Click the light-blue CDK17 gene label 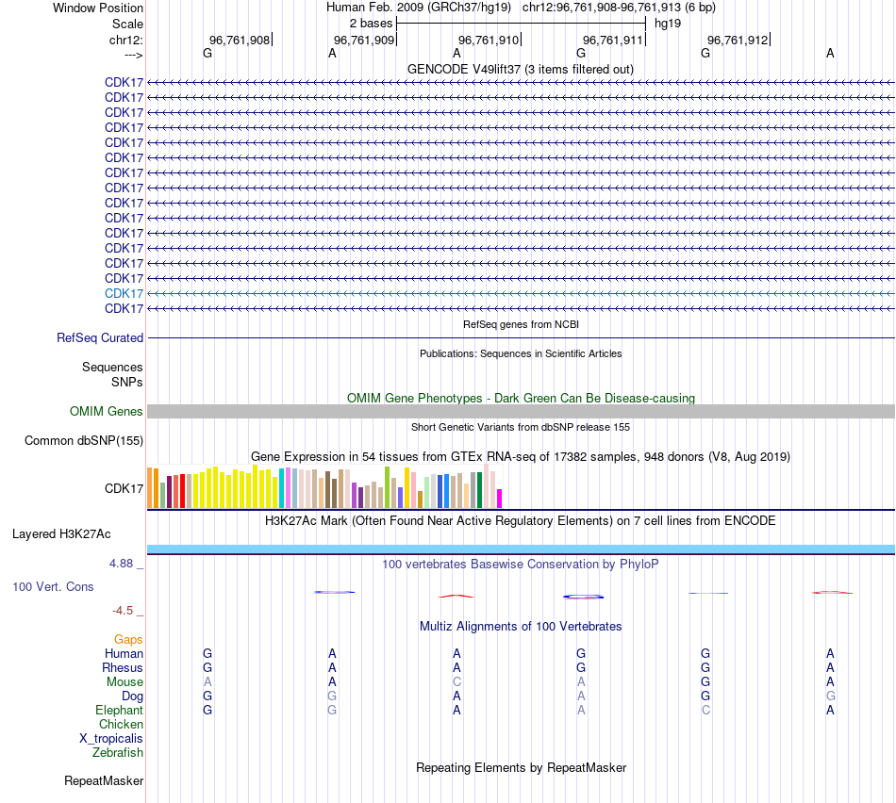(x=124, y=293)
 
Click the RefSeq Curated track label (x=100, y=337)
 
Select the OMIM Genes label (x=107, y=411)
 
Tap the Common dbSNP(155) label (x=84, y=440)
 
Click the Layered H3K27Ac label (x=61, y=533)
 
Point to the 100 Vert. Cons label (x=53, y=586)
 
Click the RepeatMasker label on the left (x=104, y=780)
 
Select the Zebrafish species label (x=118, y=752)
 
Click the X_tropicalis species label (x=111, y=738)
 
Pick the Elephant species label (x=119, y=710)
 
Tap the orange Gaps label (x=128, y=639)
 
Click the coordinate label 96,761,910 (x=488, y=40)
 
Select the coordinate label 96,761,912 (x=737, y=40)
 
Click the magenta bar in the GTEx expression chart (x=500, y=499)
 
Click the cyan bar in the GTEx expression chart (x=281, y=488)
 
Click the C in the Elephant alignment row (x=705, y=710)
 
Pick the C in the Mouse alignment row (x=456, y=681)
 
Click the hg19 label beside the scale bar (x=668, y=23)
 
